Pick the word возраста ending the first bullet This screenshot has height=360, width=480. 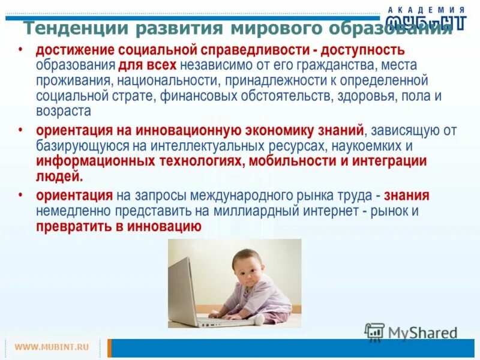tap(63, 111)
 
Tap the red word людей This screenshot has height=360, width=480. tap(59, 177)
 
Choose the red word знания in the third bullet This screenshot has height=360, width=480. tap(407, 196)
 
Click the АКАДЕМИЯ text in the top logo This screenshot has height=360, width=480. tap(426, 10)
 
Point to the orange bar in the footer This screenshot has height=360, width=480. tap(109, 348)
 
